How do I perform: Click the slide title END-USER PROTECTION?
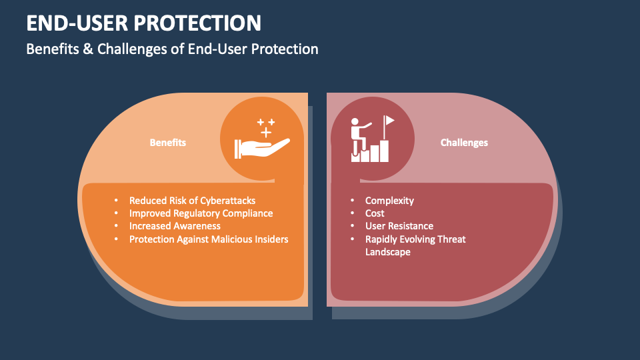(143, 23)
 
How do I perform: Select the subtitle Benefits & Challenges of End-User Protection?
(172, 49)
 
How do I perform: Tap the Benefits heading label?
(167, 143)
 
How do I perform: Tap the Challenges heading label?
(464, 143)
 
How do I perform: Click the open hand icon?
(261, 148)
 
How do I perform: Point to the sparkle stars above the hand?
(266, 127)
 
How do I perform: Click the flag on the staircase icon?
(389, 121)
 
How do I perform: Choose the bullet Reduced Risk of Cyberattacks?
(192, 201)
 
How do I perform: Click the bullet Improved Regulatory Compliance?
(201, 213)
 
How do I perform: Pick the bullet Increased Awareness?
(175, 226)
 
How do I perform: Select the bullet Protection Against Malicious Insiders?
(209, 239)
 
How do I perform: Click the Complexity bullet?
(389, 201)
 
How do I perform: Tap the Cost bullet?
(375, 213)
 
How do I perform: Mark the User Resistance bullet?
(399, 226)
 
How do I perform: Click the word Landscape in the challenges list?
(387, 252)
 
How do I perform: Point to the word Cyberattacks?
(227, 201)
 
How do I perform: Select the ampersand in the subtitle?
(76, 49)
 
